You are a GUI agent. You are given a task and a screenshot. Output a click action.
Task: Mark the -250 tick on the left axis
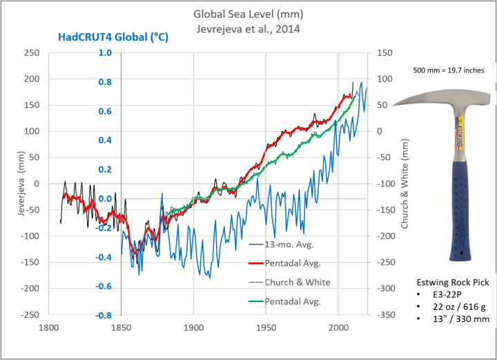[30, 314]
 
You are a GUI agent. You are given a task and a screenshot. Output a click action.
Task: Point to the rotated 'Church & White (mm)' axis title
[406, 183]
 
